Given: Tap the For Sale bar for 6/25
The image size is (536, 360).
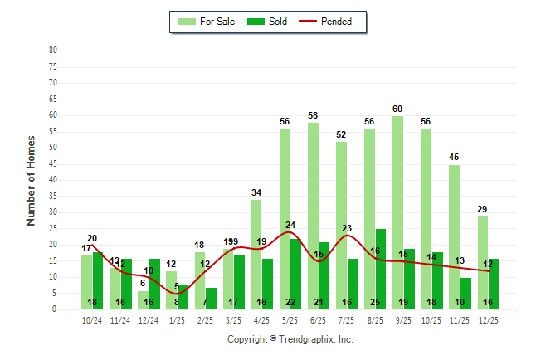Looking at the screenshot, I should coord(313,216).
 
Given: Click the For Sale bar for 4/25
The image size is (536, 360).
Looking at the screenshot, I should coord(256,254).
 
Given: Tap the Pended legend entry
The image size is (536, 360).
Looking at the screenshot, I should coord(337,22).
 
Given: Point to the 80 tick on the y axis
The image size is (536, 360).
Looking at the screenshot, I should coord(53,51).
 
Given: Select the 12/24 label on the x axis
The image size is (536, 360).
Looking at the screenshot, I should coord(149,319).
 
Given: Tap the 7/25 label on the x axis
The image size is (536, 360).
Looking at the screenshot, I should coord(347,319).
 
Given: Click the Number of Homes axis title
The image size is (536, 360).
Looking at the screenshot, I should coord(31,180).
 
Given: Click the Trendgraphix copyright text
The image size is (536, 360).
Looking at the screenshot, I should coord(290,339).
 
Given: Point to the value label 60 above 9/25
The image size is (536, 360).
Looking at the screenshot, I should coord(397,109).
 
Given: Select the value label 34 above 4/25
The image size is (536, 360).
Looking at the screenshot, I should coord(256,193).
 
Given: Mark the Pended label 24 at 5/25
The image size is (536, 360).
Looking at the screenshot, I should coord(290,226).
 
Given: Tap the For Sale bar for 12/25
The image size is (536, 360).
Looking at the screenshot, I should coord(483,262).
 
